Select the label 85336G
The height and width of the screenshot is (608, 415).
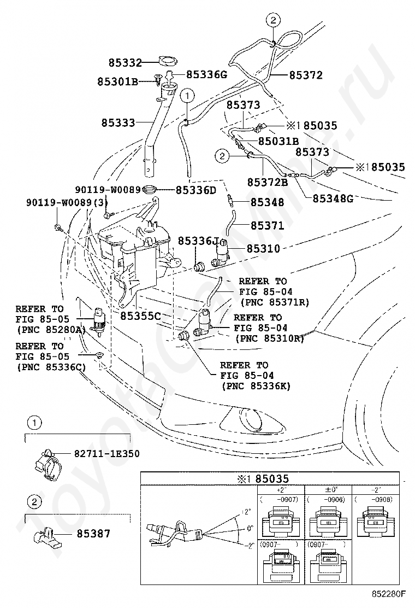coord(206,74)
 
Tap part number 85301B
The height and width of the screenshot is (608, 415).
coord(117,81)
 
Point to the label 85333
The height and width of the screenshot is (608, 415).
coord(117,123)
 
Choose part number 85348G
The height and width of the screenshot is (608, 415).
coord(333,198)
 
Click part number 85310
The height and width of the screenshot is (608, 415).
coord(263,249)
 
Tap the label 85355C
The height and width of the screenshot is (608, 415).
coord(140,315)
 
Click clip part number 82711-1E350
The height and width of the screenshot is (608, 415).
coord(106,453)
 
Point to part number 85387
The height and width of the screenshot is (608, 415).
coord(93,533)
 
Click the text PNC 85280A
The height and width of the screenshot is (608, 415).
coord(51,329)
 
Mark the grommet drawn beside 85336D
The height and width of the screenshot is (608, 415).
coord(150,190)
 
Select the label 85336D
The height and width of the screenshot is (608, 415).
coord(196,190)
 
